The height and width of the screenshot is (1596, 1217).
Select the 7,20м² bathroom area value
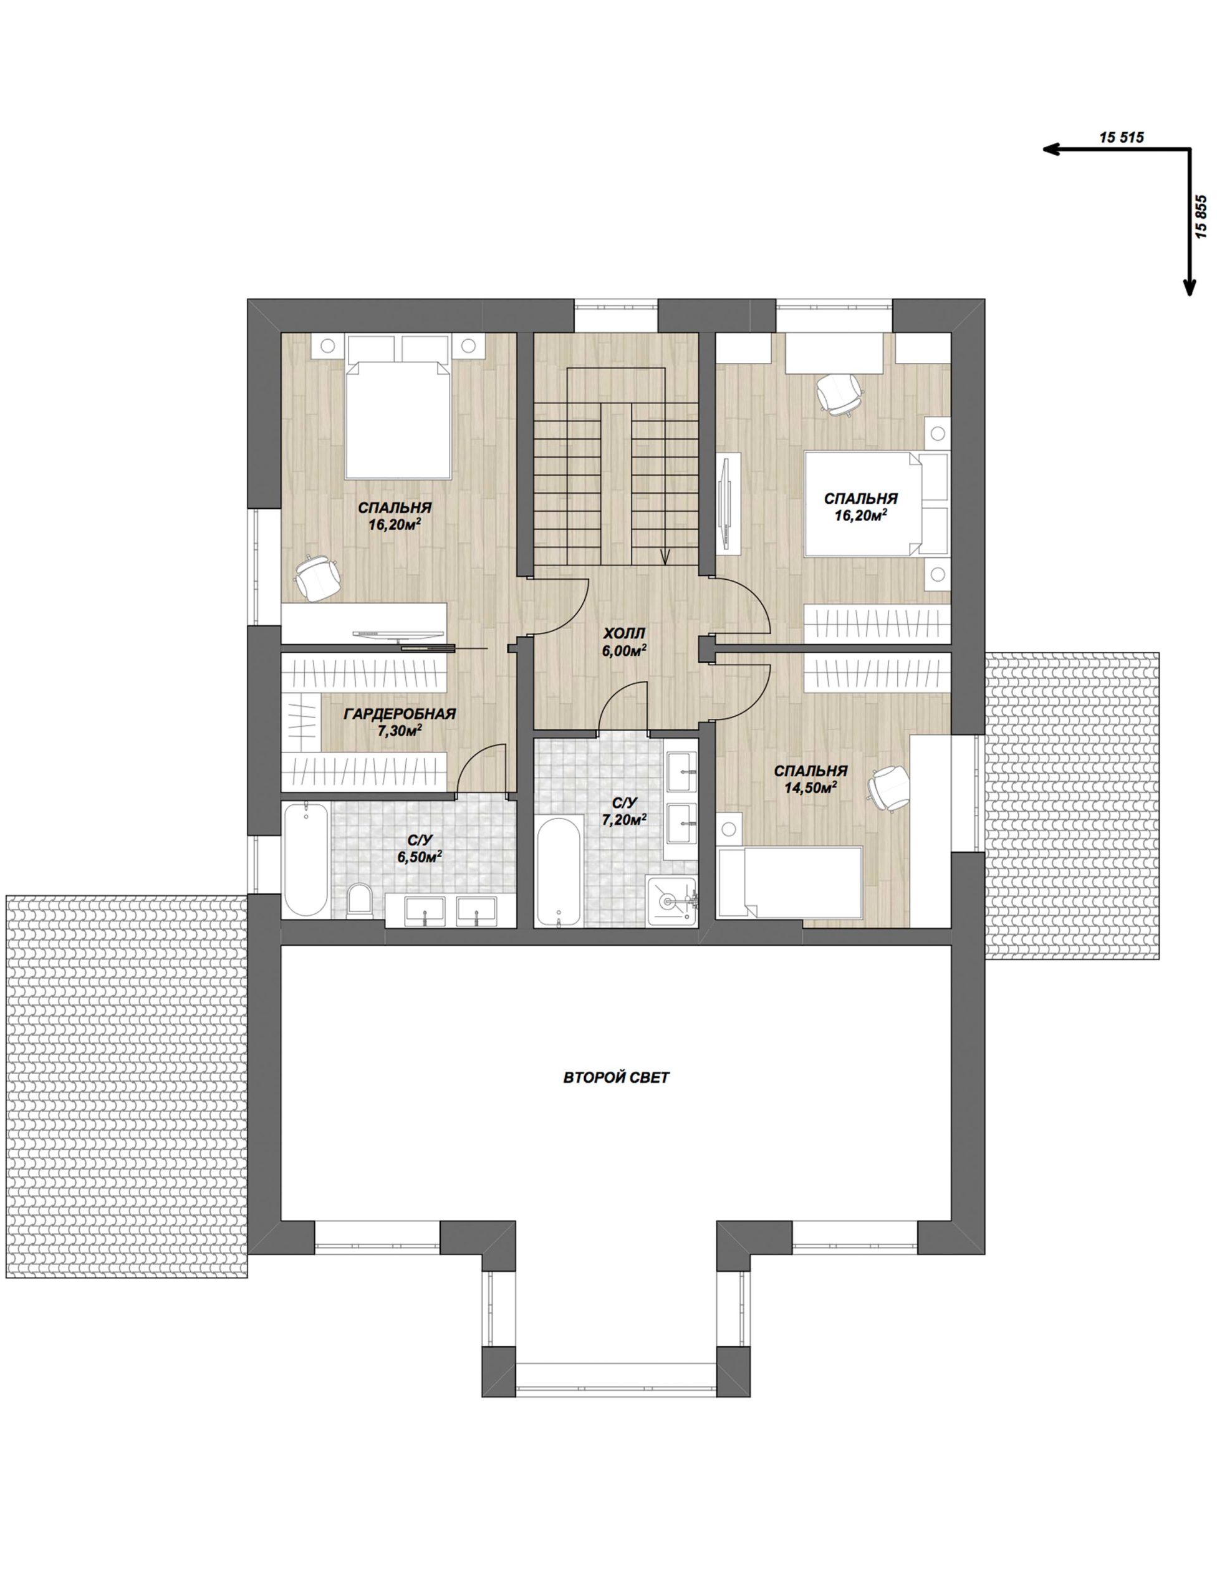click(623, 819)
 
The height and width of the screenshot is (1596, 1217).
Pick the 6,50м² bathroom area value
click(420, 857)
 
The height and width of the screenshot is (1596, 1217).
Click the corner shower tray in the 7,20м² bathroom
click(672, 901)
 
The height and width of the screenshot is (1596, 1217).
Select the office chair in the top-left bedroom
click(317, 577)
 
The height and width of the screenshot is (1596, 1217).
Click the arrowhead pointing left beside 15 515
click(1052, 149)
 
